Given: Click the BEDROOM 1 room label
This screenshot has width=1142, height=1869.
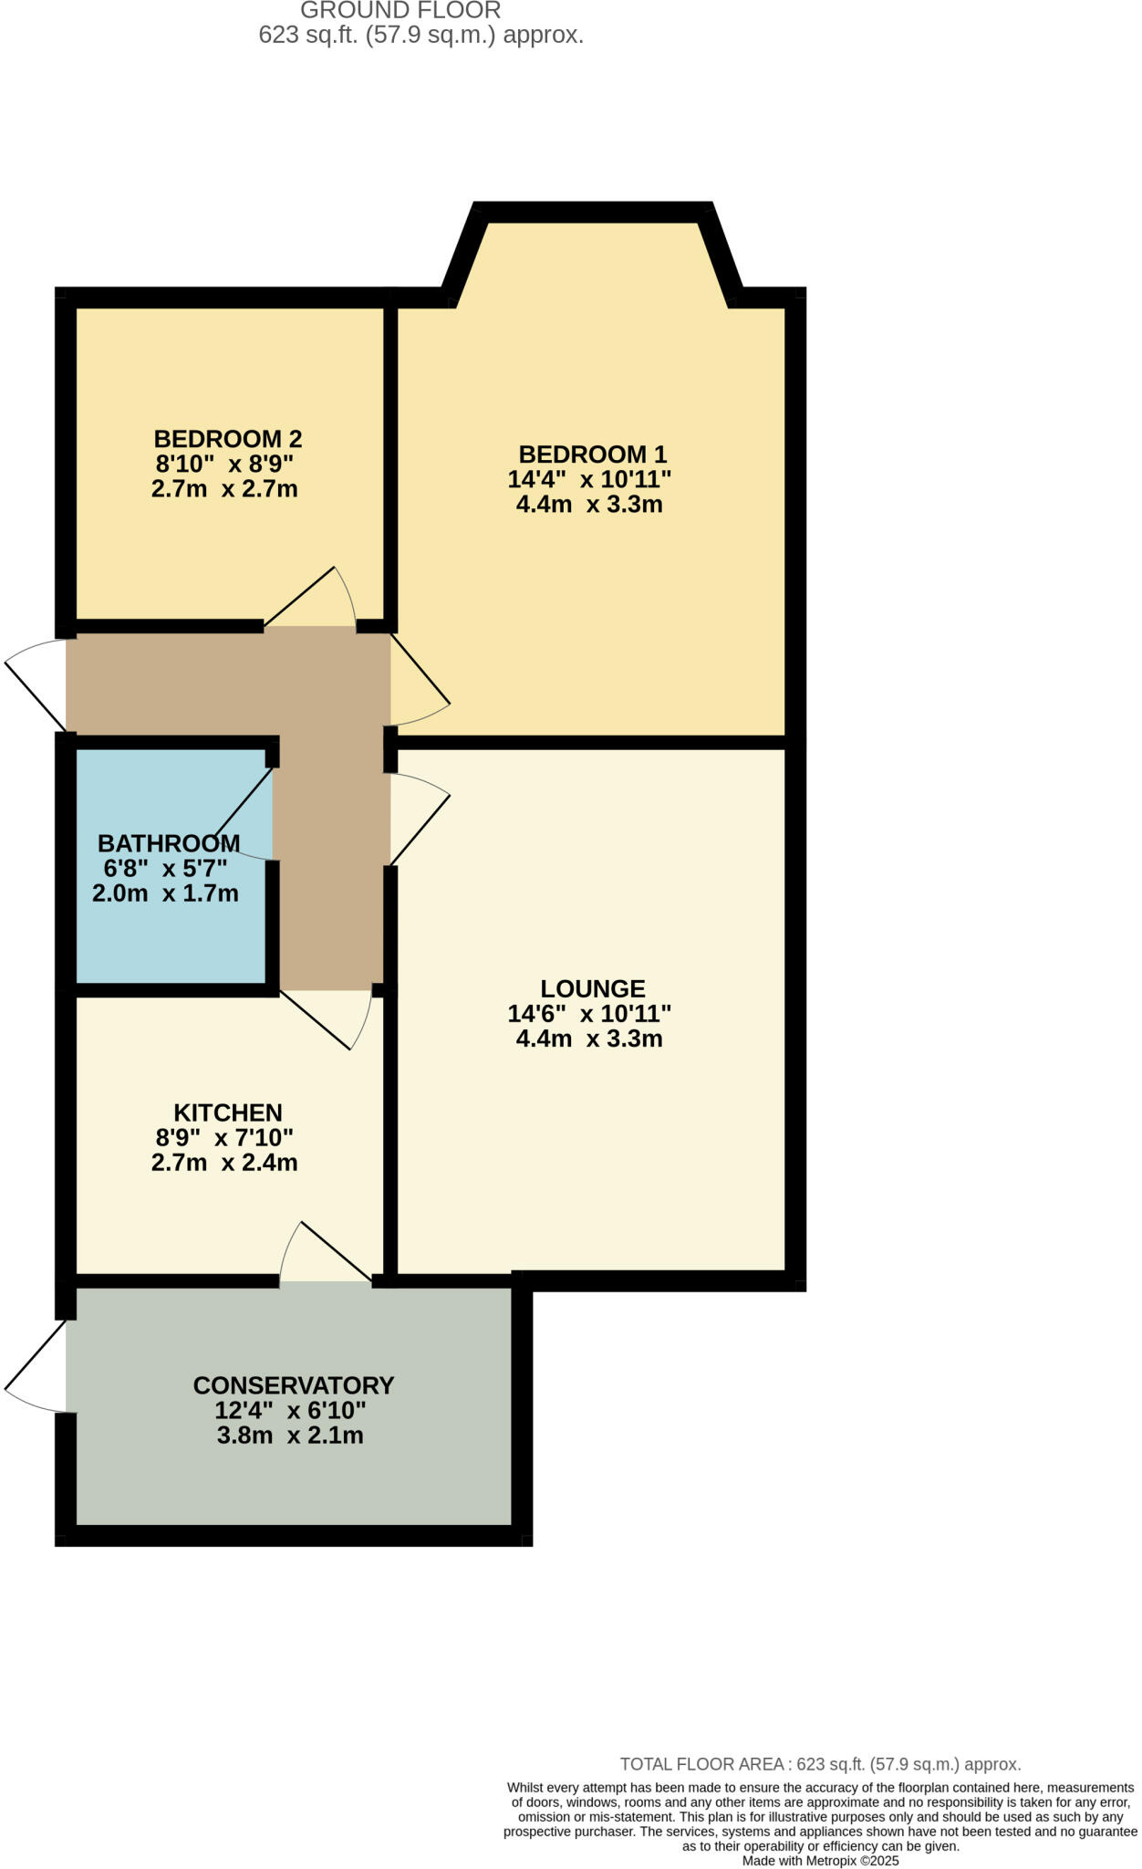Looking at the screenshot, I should pyautogui.click(x=592, y=454).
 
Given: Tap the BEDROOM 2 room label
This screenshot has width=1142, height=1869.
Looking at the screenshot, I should pyautogui.click(x=227, y=438).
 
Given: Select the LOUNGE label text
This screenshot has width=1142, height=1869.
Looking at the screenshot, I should pyautogui.click(x=592, y=988).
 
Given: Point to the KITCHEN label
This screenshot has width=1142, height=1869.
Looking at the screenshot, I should pyautogui.click(x=227, y=1112).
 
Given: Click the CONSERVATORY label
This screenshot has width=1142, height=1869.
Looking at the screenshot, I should pyautogui.click(x=293, y=1385).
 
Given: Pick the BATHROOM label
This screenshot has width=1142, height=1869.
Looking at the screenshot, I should pyautogui.click(x=169, y=842).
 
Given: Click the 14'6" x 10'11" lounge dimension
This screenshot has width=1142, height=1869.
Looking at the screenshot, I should pyautogui.click(x=589, y=1013).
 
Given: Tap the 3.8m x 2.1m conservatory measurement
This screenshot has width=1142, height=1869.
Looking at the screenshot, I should pyautogui.click(x=290, y=1436).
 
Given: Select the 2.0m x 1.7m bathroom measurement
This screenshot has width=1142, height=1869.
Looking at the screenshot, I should pyautogui.click(x=165, y=893).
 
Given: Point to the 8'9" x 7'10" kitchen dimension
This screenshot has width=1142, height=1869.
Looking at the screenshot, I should pyautogui.click(x=224, y=1137).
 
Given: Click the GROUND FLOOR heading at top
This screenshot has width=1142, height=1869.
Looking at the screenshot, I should pyautogui.click(x=400, y=11).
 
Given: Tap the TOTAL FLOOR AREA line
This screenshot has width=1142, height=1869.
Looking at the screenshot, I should pyautogui.click(x=820, y=1764).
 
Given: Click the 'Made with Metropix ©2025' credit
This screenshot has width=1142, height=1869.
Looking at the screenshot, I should pyautogui.click(x=820, y=1861).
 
